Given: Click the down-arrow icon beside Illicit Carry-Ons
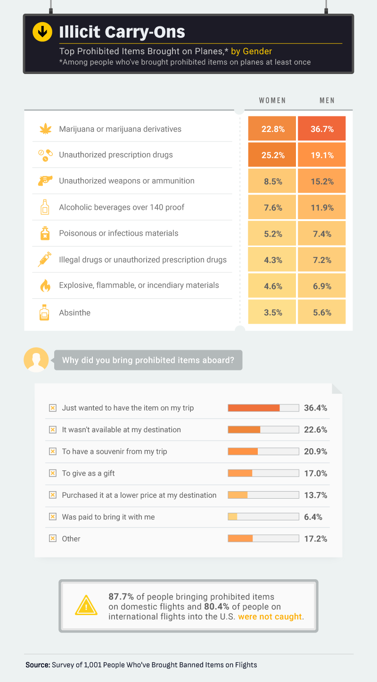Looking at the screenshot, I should click(x=42, y=32).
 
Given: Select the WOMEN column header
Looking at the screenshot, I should click(x=272, y=101).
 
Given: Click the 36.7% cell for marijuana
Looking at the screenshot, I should click(x=322, y=129).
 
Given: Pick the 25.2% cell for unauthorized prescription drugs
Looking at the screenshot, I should click(x=272, y=155).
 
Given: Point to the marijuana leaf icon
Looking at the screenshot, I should click(x=44, y=129).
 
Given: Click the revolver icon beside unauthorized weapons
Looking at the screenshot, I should click(x=44, y=181).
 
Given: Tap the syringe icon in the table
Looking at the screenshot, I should click(x=44, y=260).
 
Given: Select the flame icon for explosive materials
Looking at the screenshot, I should click(x=44, y=286).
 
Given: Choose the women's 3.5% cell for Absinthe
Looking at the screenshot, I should click(x=272, y=312).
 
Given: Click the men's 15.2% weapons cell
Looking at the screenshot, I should click(x=322, y=181).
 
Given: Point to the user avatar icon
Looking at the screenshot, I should click(x=36, y=360).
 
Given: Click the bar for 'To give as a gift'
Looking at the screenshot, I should click(x=263, y=473).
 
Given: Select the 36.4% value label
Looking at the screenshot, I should click(x=315, y=408).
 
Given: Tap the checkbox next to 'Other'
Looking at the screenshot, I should click(x=52, y=539).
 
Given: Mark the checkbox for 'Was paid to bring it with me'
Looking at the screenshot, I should click(x=52, y=517).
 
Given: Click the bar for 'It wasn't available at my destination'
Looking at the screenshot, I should click(x=263, y=429).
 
